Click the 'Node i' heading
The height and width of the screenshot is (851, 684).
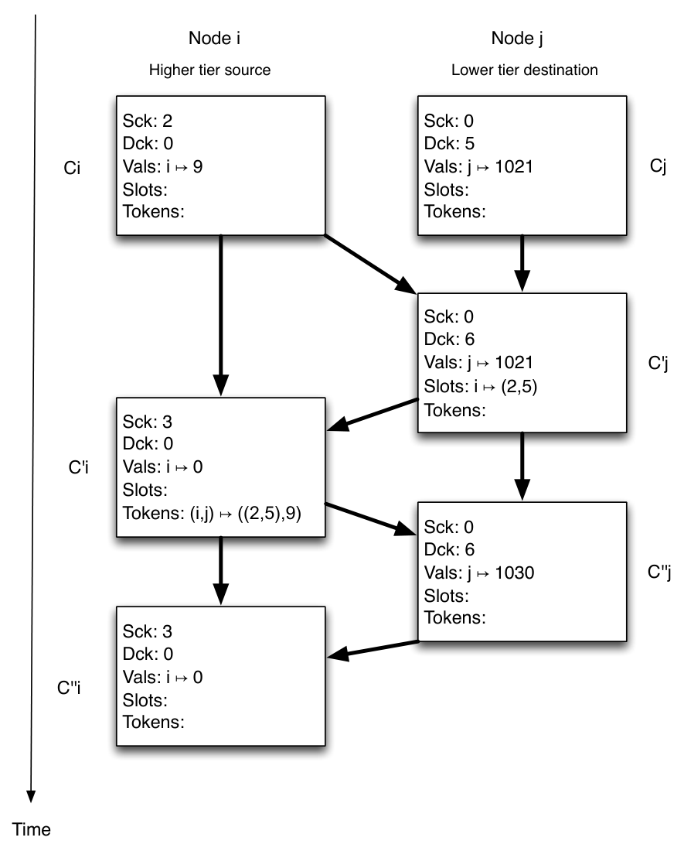pos(214,38)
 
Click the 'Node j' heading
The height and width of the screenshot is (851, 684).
pos(516,38)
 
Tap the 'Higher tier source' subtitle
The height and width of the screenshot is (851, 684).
pos(209,70)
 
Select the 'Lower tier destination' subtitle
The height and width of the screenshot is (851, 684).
pos(524,70)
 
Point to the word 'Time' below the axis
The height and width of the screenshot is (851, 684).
pos(32,829)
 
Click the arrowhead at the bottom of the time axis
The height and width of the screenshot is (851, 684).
pos(31,795)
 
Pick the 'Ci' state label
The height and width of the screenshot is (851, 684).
pos(72,168)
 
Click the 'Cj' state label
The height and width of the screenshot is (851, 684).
pos(658,166)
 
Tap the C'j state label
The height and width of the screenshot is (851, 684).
pos(658,363)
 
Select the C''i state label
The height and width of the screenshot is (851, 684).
pos(69,688)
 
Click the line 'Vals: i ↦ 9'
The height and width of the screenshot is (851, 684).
pos(162,166)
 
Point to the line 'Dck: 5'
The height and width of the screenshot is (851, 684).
pos(449,143)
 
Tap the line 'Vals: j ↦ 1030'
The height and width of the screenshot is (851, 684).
pos(479,572)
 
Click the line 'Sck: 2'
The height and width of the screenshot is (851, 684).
pos(148,121)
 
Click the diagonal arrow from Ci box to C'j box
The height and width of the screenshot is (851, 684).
pos(370,264)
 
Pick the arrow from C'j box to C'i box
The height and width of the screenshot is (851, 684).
pos(373,415)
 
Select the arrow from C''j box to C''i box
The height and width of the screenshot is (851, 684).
pos(373,649)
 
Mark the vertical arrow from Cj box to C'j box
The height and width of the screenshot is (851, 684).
pos(522,263)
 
